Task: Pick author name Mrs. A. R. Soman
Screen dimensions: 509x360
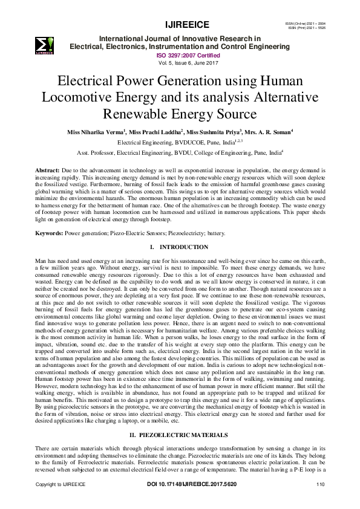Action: pyautogui.click(x=268, y=132)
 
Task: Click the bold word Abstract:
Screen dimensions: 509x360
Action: pyautogui.click(x=48, y=171)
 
